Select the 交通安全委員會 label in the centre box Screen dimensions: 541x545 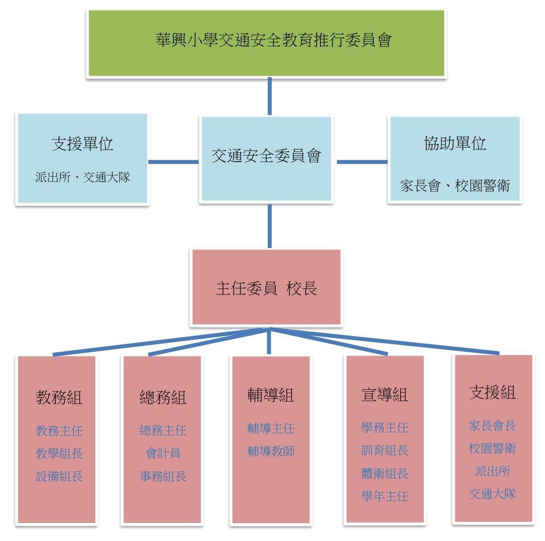[x=266, y=156]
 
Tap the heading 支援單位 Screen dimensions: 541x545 [x=82, y=144]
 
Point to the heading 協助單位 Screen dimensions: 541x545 [x=455, y=143]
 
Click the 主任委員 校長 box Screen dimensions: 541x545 [x=266, y=288]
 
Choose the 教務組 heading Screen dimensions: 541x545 [x=59, y=397]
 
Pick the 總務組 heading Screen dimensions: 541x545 [x=163, y=397]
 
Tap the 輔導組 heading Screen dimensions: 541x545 [x=271, y=395]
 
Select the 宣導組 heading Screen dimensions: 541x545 [x=384, y=394]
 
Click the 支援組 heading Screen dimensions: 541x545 [x=492, y=392]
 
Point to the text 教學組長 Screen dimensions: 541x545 [x=59, y=453]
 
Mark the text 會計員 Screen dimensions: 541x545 [x=163, y=453]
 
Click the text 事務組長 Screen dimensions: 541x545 [x=163, y=476]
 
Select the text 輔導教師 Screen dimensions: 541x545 [x=271, y=451]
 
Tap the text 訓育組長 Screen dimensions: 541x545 [x=384, y=450]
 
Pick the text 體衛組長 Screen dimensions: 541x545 [x=384, y=473]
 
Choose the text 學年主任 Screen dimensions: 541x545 [x=384, y=496]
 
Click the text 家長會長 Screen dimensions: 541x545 [x=492, y=425]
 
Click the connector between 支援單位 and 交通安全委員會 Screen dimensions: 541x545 [x=173, y=162]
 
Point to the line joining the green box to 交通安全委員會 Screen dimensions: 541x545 [x=270, y=96]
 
